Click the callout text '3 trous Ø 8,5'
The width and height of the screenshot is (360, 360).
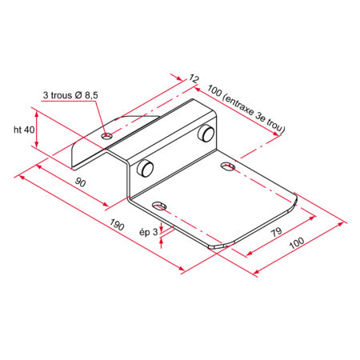(70, 95)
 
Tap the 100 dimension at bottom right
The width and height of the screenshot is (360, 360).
(298, 242)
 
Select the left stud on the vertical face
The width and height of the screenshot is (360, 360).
(146, 169)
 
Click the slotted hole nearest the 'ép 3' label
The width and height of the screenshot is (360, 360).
(161, 206)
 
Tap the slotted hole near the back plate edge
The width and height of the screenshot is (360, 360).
(228, 166)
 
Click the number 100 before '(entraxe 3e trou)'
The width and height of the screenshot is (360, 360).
(214, 90)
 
